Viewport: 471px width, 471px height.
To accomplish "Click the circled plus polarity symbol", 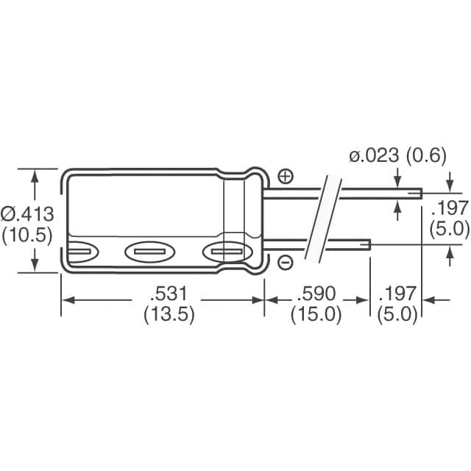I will click(286, 176).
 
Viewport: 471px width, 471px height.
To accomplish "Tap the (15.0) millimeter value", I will click(316, 314).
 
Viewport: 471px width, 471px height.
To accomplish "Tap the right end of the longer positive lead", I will click(420, 194).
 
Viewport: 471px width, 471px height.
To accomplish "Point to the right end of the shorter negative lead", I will click(368, 244).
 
